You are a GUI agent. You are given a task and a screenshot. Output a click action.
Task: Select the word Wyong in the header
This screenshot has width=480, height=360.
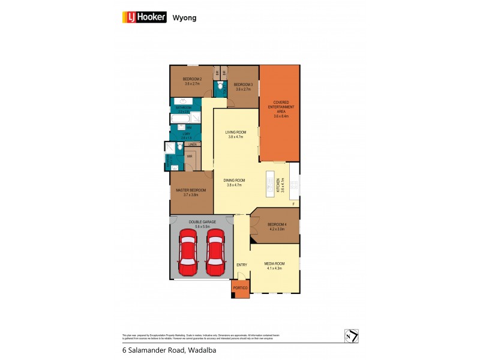pos(184,18)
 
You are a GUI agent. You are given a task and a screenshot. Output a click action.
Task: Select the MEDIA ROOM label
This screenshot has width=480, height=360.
pos(275,264)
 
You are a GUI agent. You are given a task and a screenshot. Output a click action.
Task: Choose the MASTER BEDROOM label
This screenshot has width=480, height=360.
pos(191,190)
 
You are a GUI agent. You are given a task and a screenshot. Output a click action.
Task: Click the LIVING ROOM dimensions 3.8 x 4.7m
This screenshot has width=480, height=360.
pos(236,137)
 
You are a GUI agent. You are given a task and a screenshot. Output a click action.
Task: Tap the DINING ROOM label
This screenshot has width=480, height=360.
pos(235,181)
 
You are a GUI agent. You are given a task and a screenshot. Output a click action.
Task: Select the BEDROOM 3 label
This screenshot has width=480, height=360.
pos(243,84)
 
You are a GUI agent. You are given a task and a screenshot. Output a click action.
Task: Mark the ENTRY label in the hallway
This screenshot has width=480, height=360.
pos(241,264)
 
